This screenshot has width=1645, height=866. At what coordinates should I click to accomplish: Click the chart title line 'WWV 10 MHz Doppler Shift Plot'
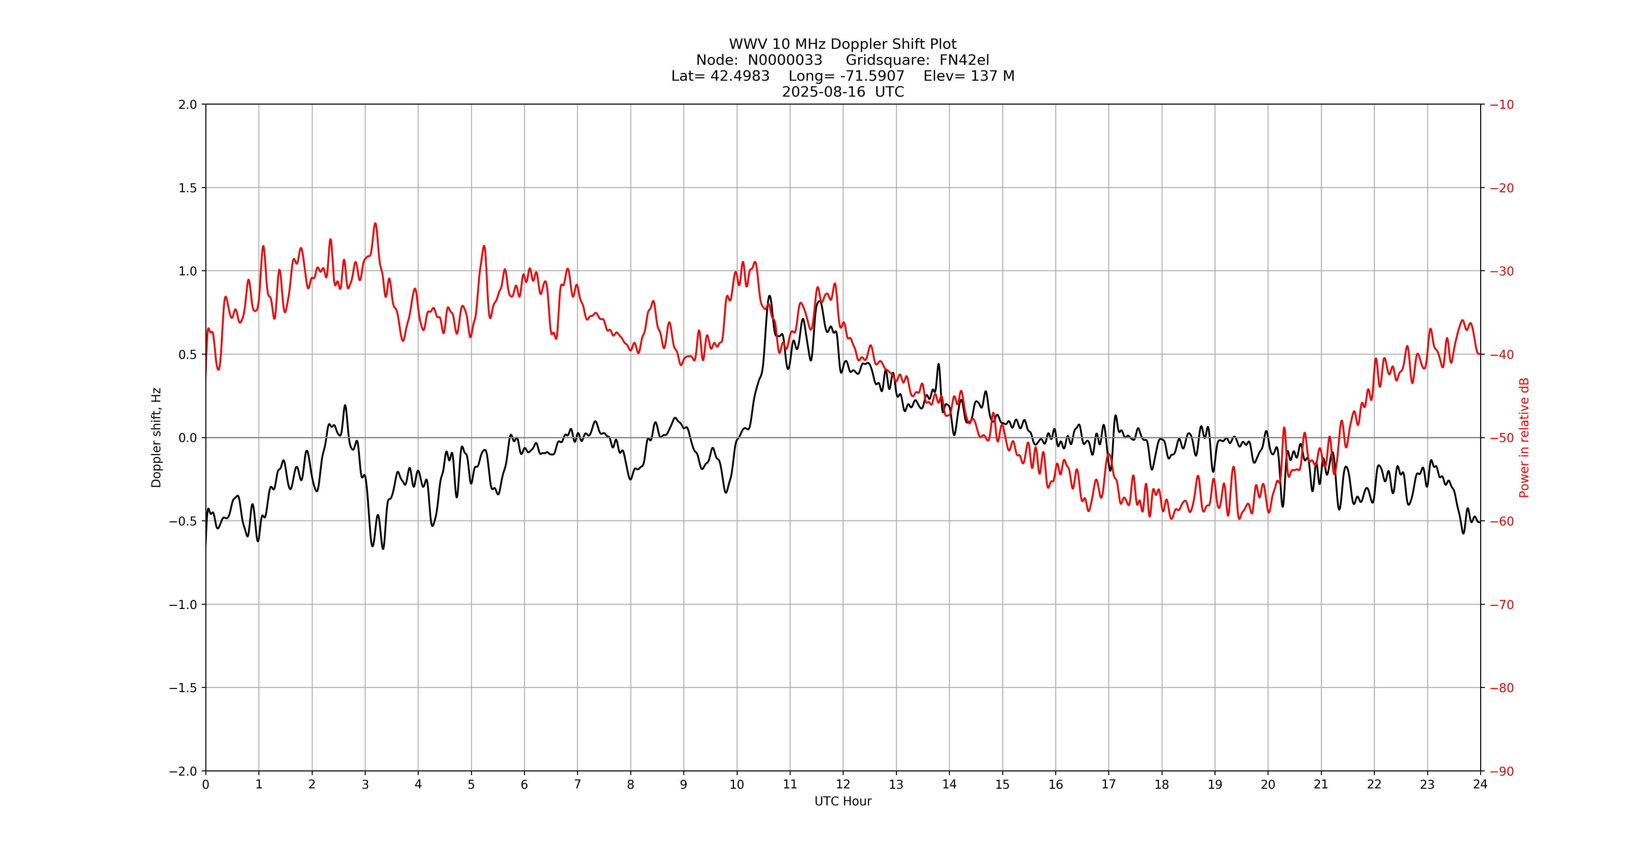(842, 44)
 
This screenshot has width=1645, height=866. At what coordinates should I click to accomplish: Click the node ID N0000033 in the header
(785, 60)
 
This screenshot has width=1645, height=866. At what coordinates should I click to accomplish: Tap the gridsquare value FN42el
(964, 60)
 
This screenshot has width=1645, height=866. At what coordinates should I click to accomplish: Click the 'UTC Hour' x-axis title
(842, 802)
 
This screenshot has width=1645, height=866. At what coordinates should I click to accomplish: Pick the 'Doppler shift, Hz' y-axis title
(157, 438)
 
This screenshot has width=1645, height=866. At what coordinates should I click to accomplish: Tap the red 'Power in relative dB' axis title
(1524, 438)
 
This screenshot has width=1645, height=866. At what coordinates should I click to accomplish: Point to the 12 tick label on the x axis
(843, 785)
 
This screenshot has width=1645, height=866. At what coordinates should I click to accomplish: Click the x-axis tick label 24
(1480, 785)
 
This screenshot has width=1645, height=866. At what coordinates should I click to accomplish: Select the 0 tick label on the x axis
(206, 785)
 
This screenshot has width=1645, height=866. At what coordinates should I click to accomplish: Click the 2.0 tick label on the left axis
(188, 105)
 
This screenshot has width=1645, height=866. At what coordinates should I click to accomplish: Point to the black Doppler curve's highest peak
(770, 296)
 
